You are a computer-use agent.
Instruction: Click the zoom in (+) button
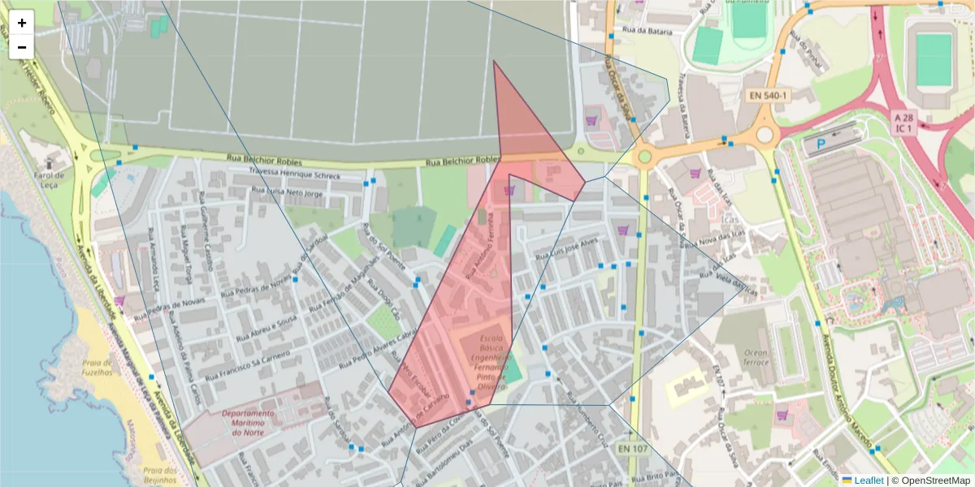point(22,23)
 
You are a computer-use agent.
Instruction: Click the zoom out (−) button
point(22,47)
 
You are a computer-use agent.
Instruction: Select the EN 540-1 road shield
point(768,96)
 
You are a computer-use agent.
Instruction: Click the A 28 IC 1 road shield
point(904,122)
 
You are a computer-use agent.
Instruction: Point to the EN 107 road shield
point(634,449)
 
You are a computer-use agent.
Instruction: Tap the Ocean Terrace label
point(756,358)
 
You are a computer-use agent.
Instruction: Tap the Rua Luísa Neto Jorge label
point(288,193)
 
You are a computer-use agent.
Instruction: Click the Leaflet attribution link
point(869,481)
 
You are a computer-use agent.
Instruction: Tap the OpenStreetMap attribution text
point(934,481)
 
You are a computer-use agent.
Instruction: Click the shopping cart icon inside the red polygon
point(509,190)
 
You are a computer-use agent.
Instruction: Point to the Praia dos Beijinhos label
point(160,475)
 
